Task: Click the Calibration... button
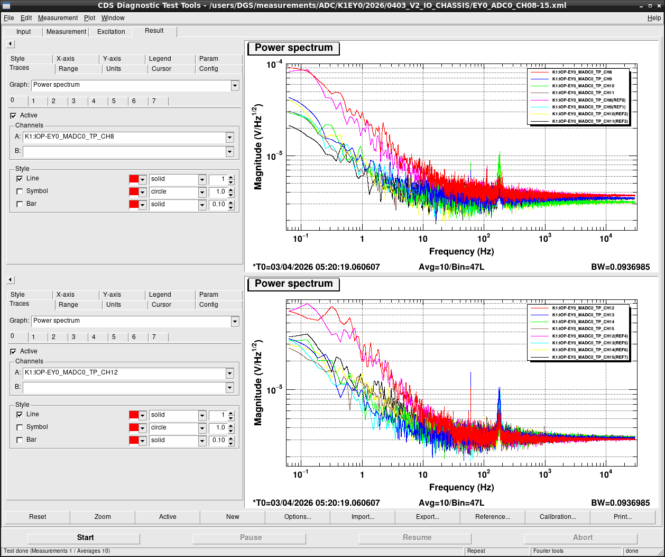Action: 557,516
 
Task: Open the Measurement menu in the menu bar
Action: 58,18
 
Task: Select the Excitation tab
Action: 111,32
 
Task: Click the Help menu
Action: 654,18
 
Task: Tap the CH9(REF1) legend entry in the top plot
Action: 589,107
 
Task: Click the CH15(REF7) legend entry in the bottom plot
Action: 590,357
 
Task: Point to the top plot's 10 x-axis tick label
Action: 423,239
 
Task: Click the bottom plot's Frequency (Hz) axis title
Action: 461,487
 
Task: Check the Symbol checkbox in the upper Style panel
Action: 20,191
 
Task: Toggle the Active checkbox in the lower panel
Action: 13,351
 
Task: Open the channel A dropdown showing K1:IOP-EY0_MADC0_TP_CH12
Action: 229,373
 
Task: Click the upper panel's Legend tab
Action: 160,59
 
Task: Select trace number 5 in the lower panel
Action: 114,337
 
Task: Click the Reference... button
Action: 492,516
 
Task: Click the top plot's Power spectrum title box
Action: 293,48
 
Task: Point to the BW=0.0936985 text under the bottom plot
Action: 621,503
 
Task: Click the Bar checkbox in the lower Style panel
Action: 20,440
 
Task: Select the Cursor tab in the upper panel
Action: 161,69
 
